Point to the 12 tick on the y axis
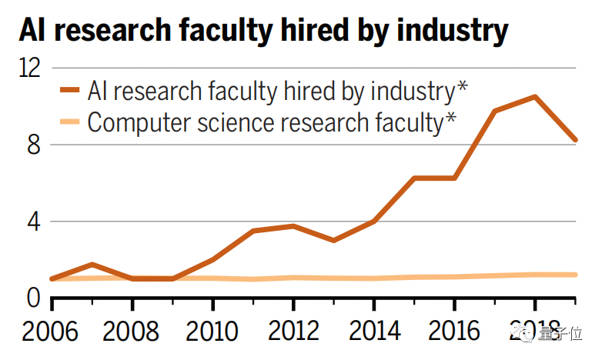pos(29,68)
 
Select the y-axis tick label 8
pos(33,145)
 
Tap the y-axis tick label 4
pos(33,222)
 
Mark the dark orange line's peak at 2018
pos(534,97)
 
